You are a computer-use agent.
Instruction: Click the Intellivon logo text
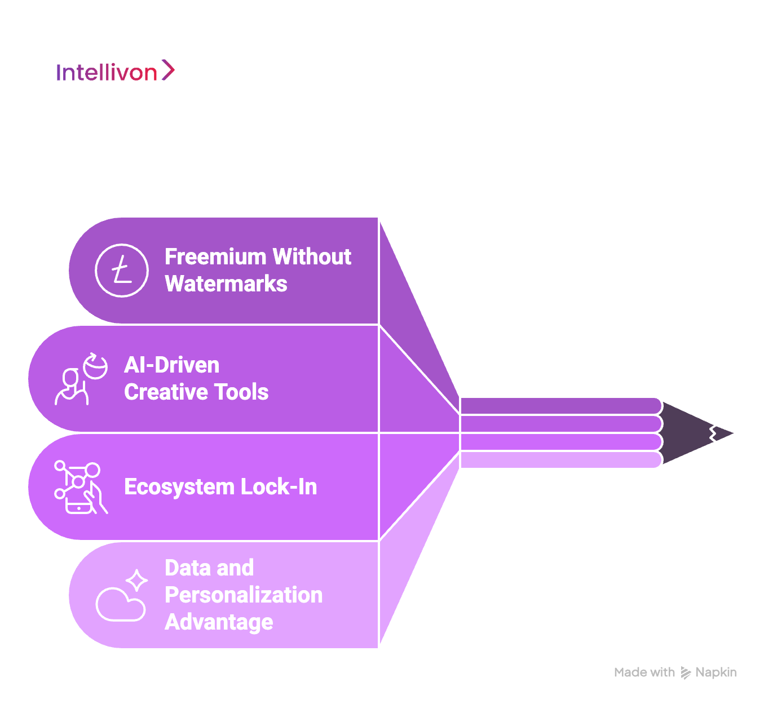107,72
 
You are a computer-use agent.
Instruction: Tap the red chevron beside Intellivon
168,70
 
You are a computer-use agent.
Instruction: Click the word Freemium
215,256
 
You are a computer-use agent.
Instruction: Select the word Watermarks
226,284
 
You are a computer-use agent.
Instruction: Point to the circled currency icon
122,271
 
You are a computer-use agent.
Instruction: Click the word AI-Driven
171,365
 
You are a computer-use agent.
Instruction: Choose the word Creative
166,392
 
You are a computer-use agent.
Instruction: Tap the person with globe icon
81,379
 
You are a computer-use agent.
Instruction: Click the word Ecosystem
179,487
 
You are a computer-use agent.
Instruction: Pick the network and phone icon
81,487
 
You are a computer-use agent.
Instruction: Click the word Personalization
244,595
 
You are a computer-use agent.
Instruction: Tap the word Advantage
219,622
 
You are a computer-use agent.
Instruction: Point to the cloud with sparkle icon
122,595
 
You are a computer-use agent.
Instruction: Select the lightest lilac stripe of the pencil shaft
561,460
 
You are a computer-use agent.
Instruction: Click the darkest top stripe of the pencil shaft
561,406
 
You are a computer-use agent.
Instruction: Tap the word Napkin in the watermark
716,672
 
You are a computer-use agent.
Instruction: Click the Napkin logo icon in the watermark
685,673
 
